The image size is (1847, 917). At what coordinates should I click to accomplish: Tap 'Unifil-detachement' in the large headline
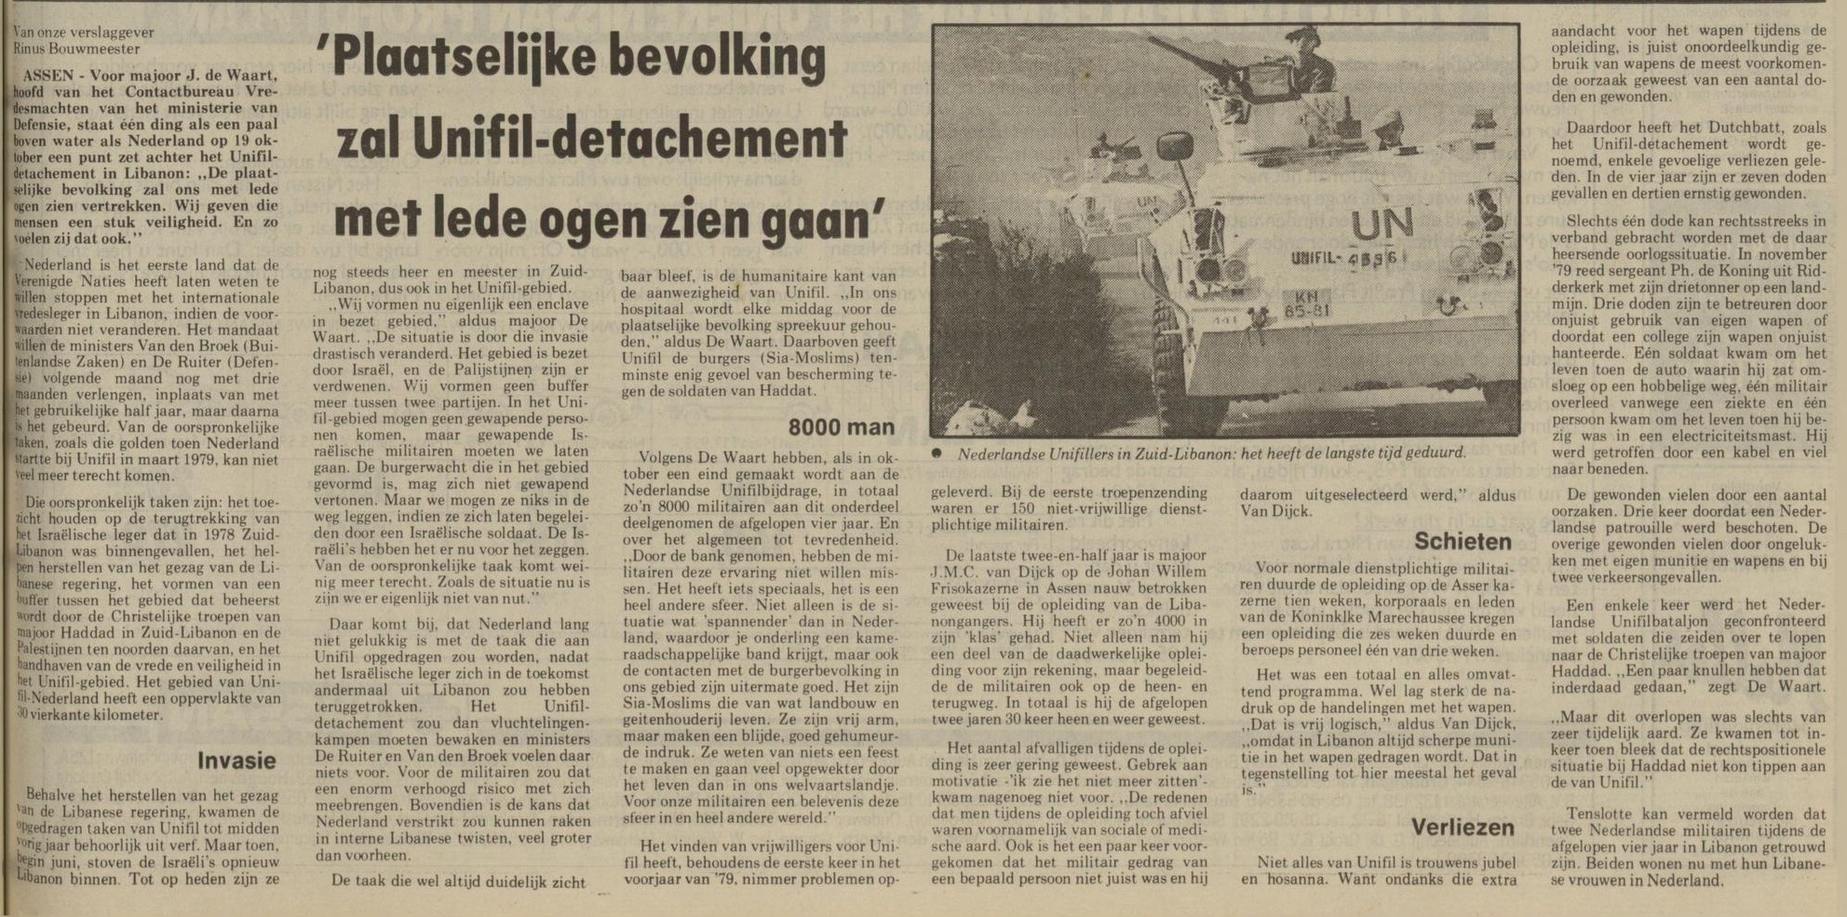tap(667, 140)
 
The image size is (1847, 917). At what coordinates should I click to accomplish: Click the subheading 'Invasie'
tap(236, 761)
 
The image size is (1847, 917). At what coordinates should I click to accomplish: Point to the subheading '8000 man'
tap(841, 427)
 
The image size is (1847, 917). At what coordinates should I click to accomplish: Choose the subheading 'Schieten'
tap(1463, 541)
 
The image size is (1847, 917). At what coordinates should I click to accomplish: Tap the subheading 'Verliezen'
tap(1462, 827)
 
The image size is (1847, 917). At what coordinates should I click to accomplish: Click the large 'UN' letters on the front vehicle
tap(1381, 223)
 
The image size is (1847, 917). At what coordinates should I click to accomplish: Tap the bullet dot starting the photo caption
tap(939, 454)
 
